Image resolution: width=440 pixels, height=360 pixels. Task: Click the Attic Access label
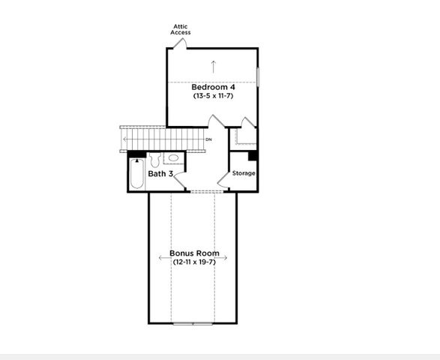[x=181, y=29]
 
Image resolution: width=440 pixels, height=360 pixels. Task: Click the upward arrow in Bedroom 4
[x=214, y=65]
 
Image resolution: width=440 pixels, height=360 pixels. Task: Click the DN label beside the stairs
[x=208, y=139]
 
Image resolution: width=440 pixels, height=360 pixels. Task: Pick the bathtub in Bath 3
[x=136, y=174]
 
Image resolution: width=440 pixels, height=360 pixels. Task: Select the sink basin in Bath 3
[x=172, y=158]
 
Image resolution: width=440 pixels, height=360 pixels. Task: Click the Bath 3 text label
[x=161, y=174]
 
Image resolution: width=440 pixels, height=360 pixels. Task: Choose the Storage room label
[x=244, y=173]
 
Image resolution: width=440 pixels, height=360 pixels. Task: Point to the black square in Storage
[x=253, y=156]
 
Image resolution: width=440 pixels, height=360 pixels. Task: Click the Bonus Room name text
[x=194, y=253]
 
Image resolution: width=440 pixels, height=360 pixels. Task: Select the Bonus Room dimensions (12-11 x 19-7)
[x=194, y=262]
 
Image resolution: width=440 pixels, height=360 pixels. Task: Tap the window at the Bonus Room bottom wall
[x=193, y=323]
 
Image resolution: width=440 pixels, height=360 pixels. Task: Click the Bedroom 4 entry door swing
[x=216, y=123]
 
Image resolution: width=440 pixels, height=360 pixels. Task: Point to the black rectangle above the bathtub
[x=137, y=154]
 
